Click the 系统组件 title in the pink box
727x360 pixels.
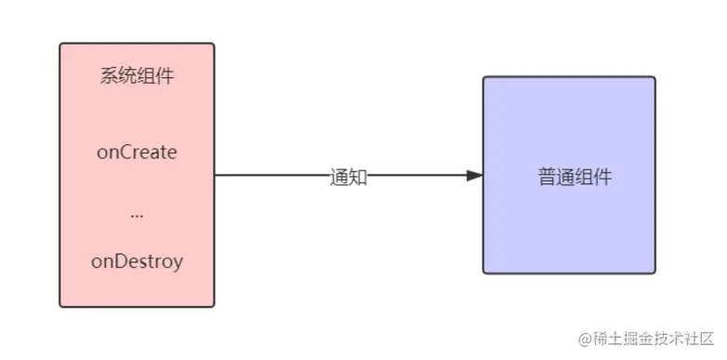(137, 76)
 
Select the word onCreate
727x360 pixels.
(137, 152)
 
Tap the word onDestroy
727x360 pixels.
(137, 261)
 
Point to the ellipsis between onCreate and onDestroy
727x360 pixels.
(137, 215)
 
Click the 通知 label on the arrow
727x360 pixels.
(349, 177)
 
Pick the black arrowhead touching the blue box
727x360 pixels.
(474, 175)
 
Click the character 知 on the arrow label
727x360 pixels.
(358, 177)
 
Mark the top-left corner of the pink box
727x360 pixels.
(59, 43)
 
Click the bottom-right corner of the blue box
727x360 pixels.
(655, 273)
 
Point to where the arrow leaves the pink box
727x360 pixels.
(215, 175)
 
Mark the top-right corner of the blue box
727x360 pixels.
(655, 77)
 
